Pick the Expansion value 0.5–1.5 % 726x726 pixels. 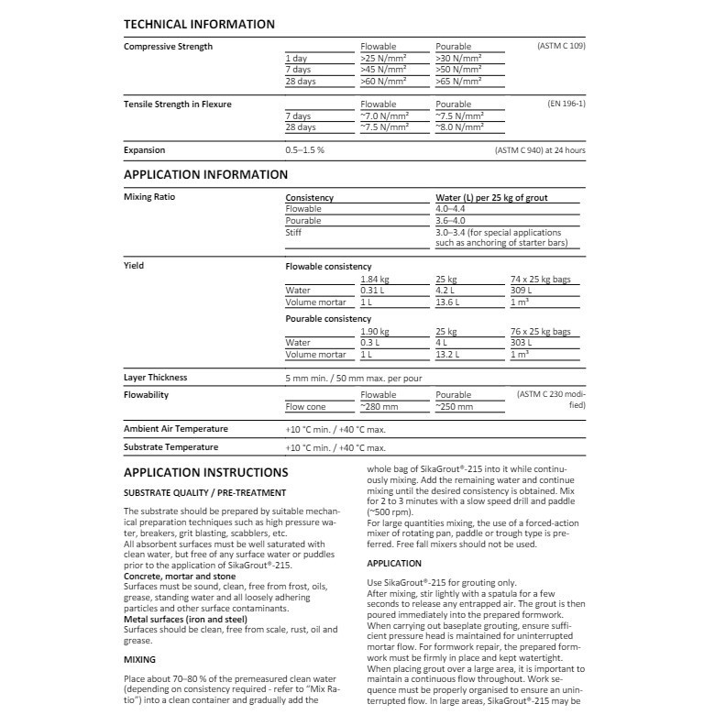pyautogui.click(x=305, y=149)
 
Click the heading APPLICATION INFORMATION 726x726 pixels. pyautogui.click(x=205, y=174)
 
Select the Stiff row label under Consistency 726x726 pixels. pyautogui.click(x=294, y=233)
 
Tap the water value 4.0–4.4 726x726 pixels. pyautogui.click(x=451, y=209)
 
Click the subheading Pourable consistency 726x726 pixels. pyautogui.click(x=328, y=318)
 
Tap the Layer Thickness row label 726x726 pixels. pyautogui.click(x=155, y=377)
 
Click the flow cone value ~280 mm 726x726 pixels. pyautogui.click(x=379, y=406)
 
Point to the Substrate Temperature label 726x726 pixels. pyautogui.click(x=170, y=446)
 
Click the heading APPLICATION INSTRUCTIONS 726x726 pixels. pyautogui.click(x=205, y=472)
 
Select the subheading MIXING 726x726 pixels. pyautogui.click(x=140, y=658)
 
